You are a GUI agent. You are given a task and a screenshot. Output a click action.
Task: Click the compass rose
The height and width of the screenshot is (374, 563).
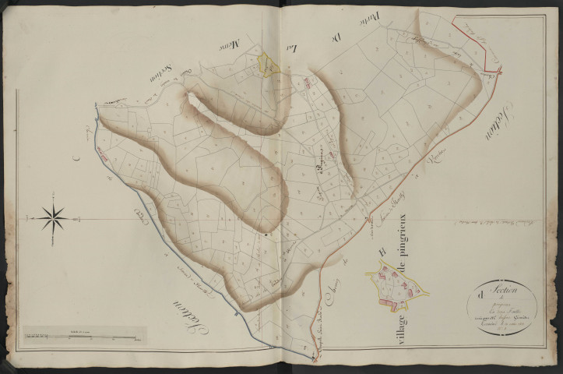[53, 217]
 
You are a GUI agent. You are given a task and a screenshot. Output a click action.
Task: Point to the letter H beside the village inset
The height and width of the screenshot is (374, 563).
[382, 252]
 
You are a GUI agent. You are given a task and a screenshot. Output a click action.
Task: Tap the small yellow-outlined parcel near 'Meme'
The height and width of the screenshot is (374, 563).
[269, 65]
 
